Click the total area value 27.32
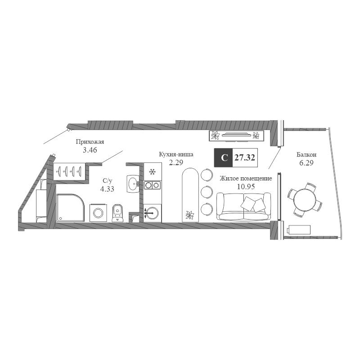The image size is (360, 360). [x=245, y=157]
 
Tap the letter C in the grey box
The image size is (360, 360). [x=224, y=157]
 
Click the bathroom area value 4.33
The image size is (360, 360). [x=107, y=189]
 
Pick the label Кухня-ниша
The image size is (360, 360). [x=176, y=154]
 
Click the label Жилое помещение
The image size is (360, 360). [x=246, y=178]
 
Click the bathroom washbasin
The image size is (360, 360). [x=133, y=183]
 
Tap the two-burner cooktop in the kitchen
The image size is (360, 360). [x=152, y=184]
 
